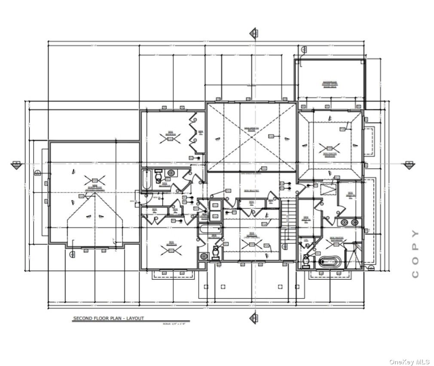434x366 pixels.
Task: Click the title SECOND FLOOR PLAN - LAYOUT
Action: pos(108,318)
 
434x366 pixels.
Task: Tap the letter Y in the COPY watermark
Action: pos(415,234)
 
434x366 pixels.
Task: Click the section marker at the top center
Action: pos(254,33)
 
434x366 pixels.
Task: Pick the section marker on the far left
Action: pos(16,164)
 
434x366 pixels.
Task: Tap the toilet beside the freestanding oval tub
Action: pos(307,260)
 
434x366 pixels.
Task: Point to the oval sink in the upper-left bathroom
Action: pos(171,173)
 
